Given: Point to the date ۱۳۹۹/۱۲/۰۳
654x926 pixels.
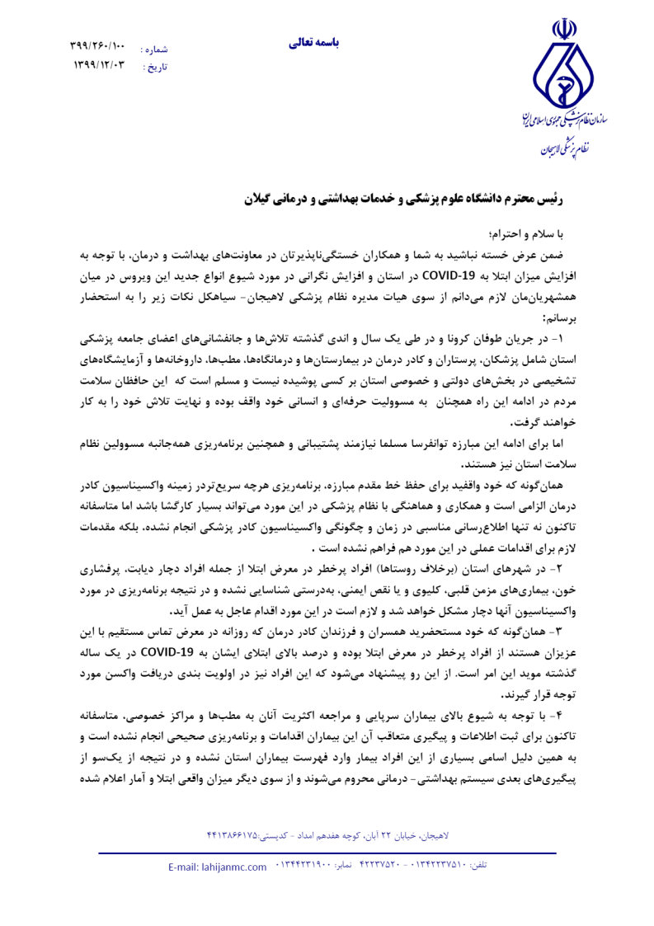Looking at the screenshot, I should pos(97,65).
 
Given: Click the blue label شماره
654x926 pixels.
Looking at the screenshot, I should pos(154,49).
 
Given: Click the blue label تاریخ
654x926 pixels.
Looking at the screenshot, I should pos(155,66).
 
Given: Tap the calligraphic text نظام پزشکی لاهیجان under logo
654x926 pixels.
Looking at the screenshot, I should pos(565,149).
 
